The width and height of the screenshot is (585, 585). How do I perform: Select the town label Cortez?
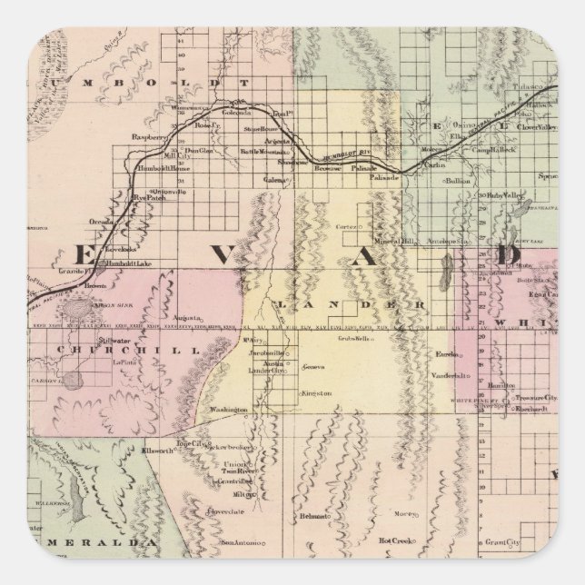click(x=350, y=225)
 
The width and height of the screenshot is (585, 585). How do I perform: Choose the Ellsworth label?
click(x=142, y=449)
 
